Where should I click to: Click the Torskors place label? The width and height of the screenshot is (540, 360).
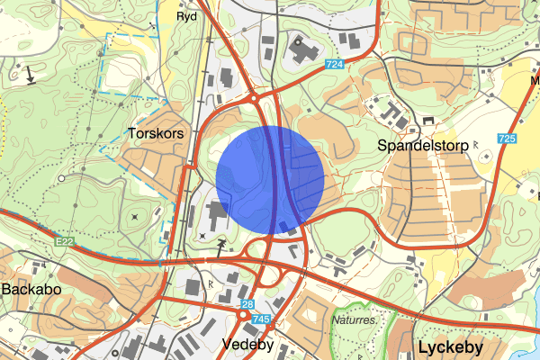pos(157,132)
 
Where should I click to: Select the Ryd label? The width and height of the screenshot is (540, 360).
pos(186,16)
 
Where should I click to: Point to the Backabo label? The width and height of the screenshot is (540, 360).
pos(31,290)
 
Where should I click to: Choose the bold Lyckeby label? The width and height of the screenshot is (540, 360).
pos(450,346)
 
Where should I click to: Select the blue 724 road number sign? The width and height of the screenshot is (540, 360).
pos(336,66)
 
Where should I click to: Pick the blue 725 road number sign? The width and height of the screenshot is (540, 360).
pos(506,139)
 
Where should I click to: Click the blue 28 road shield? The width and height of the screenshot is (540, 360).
pos(247,305)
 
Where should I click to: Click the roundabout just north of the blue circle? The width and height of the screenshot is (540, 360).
pos(256,97)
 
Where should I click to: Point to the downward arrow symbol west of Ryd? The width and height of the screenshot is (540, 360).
pos(31,76)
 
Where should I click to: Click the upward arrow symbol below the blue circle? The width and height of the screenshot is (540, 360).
pos(222,244)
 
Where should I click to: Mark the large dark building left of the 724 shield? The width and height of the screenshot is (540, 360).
pos(301,51)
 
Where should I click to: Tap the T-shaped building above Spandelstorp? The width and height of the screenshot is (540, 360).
pos(394,113)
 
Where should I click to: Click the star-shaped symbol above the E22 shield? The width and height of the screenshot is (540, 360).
pos(135,216)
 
